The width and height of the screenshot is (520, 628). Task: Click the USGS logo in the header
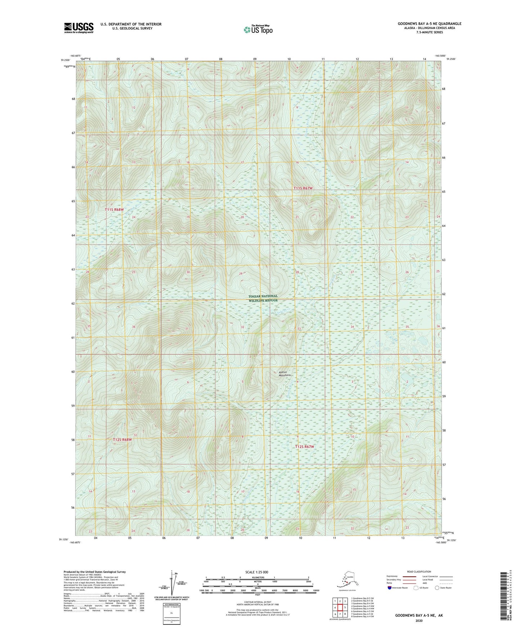pos(79,28)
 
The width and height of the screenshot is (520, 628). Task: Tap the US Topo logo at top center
pos(258,29)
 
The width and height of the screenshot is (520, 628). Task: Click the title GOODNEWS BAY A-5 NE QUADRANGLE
pos(429,24)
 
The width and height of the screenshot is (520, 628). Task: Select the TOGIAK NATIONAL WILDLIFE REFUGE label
pos(263,298)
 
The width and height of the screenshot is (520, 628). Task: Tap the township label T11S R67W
pos(303,188)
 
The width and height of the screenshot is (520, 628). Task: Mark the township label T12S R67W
pos(304,447)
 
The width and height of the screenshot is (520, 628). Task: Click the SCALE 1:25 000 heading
pos(257,572)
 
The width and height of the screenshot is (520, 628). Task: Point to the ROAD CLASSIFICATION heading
pos(419,572)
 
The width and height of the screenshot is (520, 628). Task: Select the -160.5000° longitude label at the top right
pos(440,55)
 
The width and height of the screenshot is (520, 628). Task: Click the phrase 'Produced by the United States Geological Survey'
pos(95,572)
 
